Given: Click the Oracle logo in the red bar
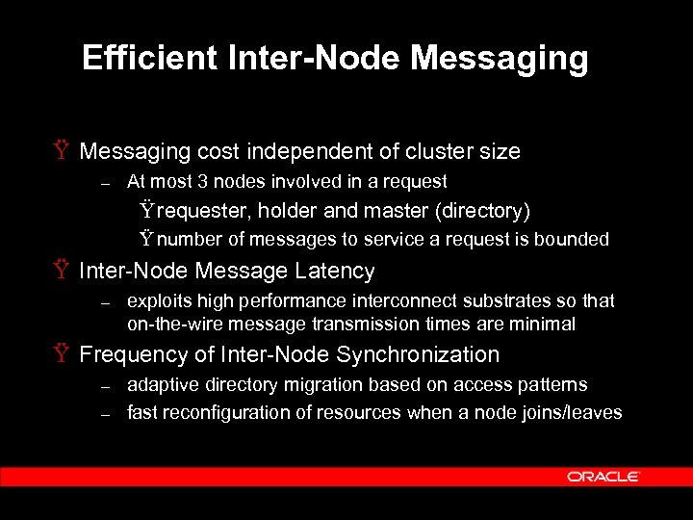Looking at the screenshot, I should tap(603, 476).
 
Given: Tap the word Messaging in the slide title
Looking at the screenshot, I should tap(499, 59).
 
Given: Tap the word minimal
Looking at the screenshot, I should tap(542, 325).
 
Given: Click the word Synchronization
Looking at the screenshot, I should tap(418, 354).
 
